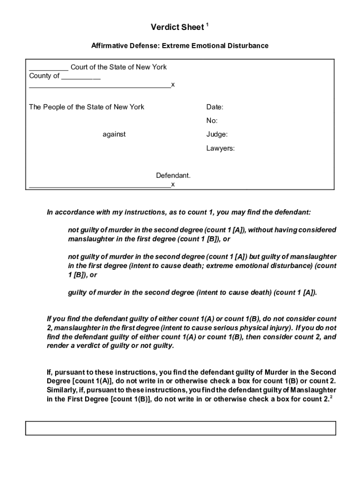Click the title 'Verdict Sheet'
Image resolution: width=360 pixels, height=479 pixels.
(x=177, y=28)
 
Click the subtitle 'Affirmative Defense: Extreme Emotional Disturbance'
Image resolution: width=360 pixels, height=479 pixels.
(x=180, y=46)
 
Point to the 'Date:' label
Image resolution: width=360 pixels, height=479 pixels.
(x=215, y=107)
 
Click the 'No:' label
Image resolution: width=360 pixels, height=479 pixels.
(x=212, y=121)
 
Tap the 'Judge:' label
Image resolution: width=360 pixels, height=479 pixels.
(x=217, y=134)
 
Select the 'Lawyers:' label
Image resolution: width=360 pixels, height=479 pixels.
(x=220, y=148)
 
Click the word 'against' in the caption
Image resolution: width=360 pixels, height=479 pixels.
(x=114, y=134)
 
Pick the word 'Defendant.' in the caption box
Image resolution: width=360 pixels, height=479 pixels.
(x=173, y=176)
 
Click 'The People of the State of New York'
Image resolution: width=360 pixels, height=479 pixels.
(x=86, y=107)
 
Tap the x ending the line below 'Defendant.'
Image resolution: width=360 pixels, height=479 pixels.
(x=173, y=184)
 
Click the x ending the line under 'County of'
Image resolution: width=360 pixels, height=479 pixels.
(x=173, y=85)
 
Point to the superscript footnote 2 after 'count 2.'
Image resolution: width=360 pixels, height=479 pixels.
(x=331, y=397)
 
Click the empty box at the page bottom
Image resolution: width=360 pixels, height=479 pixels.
(x=180, y=428)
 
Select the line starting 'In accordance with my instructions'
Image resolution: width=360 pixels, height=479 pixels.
(x=179, y=212)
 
